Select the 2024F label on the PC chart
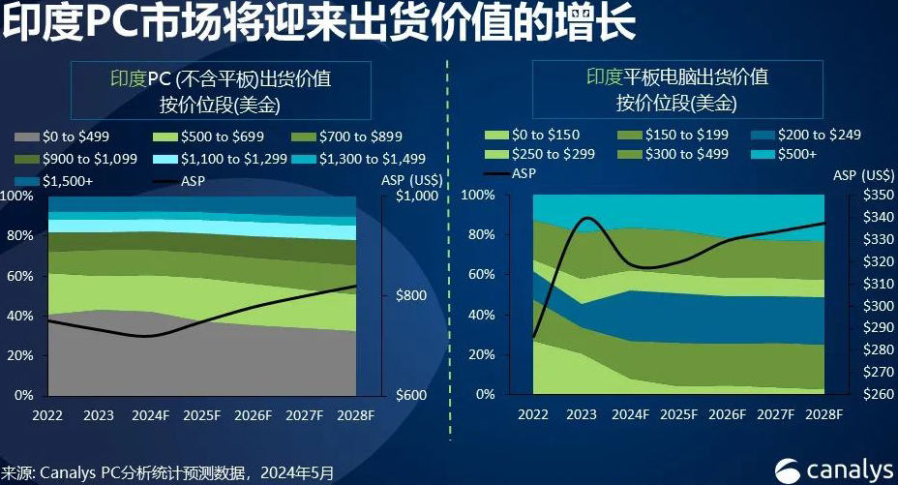click(x=144, y=415)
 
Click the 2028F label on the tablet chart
click(x=823, y=415)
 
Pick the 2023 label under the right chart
click(x=582, y=415)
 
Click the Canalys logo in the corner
click(x=835, y=469)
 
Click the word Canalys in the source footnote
click(x=69, y=473)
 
